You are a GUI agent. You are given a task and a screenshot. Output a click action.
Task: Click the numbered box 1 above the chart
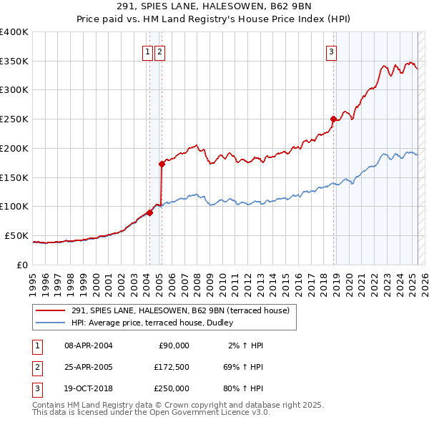[x=147, y=51]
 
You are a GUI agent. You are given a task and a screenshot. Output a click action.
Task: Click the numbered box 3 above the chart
[x=332, y=51]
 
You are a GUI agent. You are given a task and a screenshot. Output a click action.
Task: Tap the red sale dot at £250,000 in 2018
[x=333, y=119]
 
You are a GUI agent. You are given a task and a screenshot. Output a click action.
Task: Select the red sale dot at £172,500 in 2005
[x=162, y=164]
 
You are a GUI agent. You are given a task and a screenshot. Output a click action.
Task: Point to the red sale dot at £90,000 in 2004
[x=149, y=212]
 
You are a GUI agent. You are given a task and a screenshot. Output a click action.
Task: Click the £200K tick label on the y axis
[x=14, y=148]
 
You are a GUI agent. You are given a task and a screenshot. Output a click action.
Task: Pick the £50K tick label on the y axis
[x=17, y=235]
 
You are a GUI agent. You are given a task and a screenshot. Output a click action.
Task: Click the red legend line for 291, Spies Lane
[x=50, y=310]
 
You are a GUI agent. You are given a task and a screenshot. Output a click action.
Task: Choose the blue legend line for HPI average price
[x=50, y=323]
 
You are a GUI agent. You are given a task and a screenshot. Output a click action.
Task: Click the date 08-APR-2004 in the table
[x=89, y=345]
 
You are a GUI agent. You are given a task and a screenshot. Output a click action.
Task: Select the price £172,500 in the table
[x=172, y=367]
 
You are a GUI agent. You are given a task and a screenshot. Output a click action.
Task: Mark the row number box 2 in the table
[x=36, y=367]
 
